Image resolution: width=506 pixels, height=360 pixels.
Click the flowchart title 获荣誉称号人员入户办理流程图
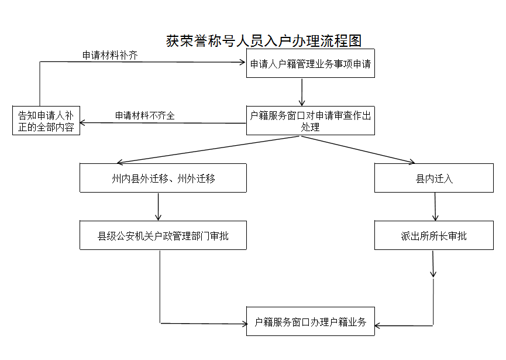[x=264, y=41]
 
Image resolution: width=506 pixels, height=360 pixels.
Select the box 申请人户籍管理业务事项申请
[x=310, y=64]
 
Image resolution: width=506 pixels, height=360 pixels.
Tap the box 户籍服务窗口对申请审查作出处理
[x=310, y=121]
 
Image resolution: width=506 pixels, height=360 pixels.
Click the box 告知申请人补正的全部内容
[x=46, y=121]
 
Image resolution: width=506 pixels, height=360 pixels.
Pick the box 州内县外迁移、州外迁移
[x=163, y=178]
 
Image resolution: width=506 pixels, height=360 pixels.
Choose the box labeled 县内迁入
[x=434, y=178]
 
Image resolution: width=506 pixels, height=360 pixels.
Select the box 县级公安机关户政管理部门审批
[x=163, y=235]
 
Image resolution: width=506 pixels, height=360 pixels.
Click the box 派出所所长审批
[x=434, y=235]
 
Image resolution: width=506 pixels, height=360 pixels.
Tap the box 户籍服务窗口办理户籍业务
[x=310, y=321]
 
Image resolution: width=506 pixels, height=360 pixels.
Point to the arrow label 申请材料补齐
[x=110, y=56]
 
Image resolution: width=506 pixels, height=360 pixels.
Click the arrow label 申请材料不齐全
[x=145, y=115]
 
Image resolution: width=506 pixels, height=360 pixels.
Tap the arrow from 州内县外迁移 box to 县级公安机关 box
[x=159, y=206]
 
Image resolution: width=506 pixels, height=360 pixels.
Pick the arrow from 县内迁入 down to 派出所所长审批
[x=435, y=206]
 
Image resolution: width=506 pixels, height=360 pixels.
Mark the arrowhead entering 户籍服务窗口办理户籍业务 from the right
[x=379, y=325]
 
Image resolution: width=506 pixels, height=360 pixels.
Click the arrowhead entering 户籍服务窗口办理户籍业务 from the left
[x=243, y=323]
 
